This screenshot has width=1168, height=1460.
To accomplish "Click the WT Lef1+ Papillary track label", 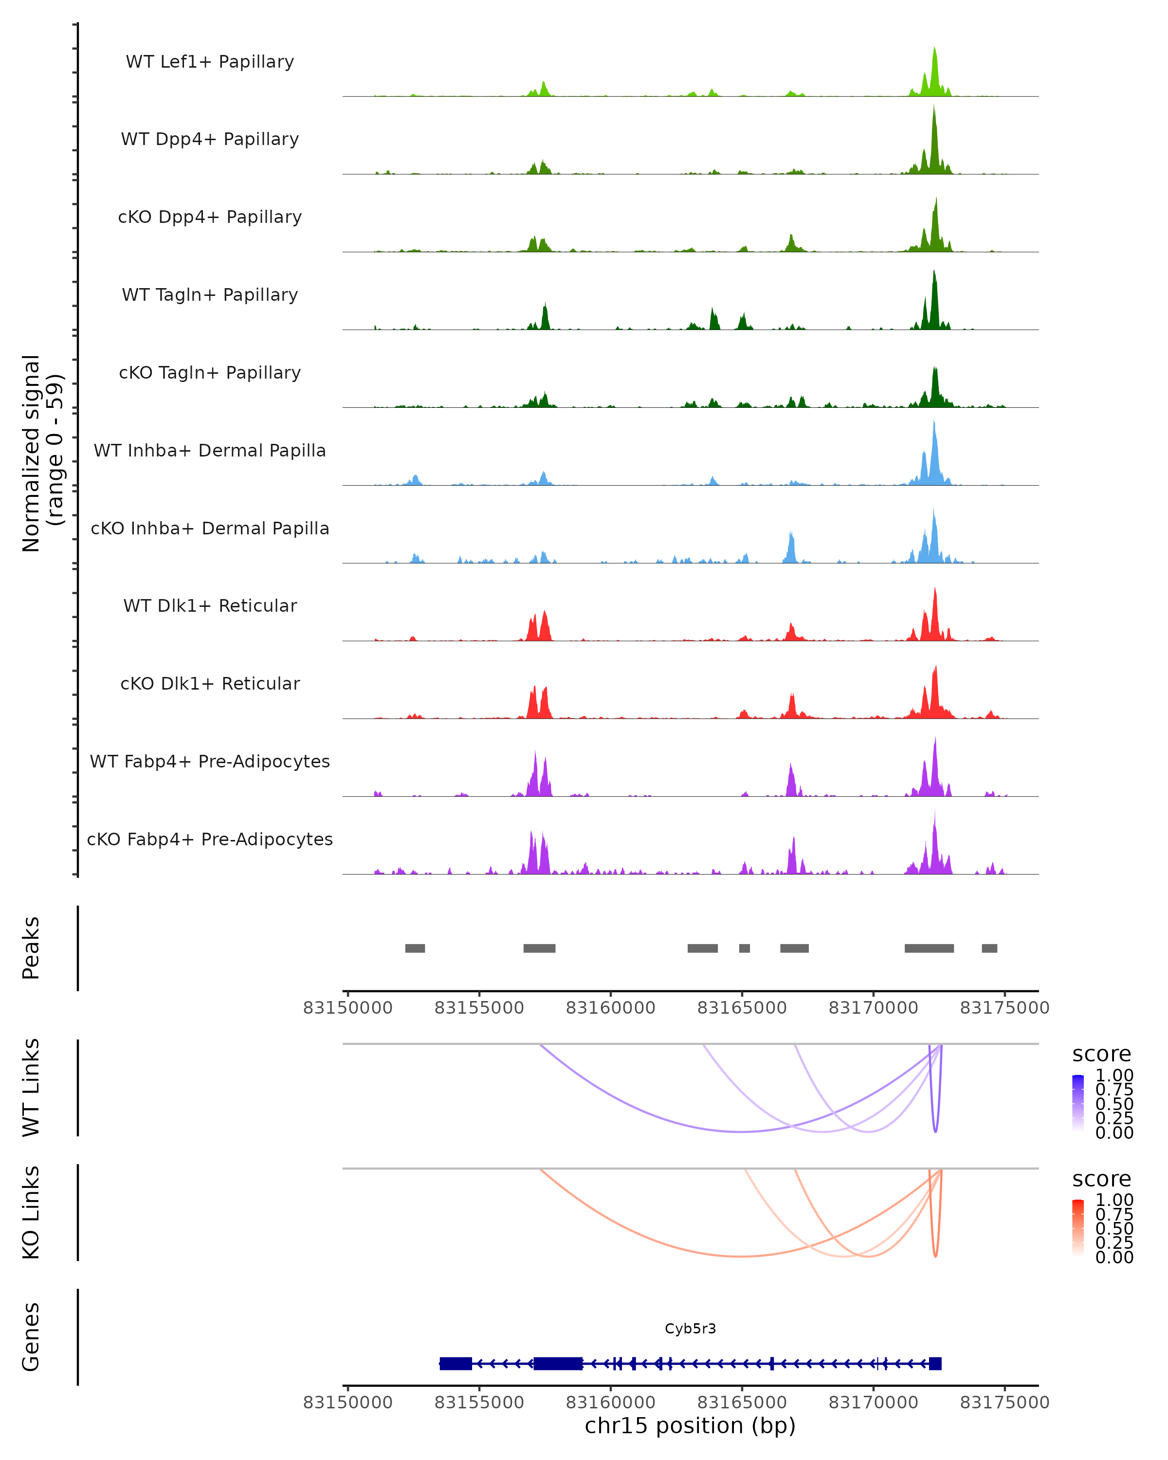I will tap(210, 62).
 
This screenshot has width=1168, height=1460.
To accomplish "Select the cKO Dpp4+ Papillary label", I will tap(210, 217).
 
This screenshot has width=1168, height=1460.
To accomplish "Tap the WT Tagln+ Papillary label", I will tap(210, 294).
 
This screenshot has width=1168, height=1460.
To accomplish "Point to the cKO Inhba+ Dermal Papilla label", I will tap(210, 528).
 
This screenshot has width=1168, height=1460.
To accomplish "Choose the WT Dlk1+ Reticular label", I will tap(210, 605).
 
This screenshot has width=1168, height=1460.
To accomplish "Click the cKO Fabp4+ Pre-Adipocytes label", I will tap(210, 839).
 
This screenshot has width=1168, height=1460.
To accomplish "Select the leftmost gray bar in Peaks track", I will tap(415, 948).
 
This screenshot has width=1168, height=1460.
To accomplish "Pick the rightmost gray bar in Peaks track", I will tap(989, 948).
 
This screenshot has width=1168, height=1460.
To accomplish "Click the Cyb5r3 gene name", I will tap(690, 1329).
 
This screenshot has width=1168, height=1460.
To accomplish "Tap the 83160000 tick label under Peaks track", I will tap(610, 1008).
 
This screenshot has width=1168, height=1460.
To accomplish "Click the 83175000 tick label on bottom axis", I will tap(1004, 1403).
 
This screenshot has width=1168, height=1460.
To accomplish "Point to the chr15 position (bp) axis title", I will tap(690, 1426).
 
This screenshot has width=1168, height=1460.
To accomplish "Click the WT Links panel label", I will tap(31, 1088).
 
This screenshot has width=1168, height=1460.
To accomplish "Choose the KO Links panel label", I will tap(31, 1213).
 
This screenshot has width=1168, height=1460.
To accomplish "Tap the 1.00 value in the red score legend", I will tap(1114, 1200).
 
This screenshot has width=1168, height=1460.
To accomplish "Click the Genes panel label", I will tap(31, 1337).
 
